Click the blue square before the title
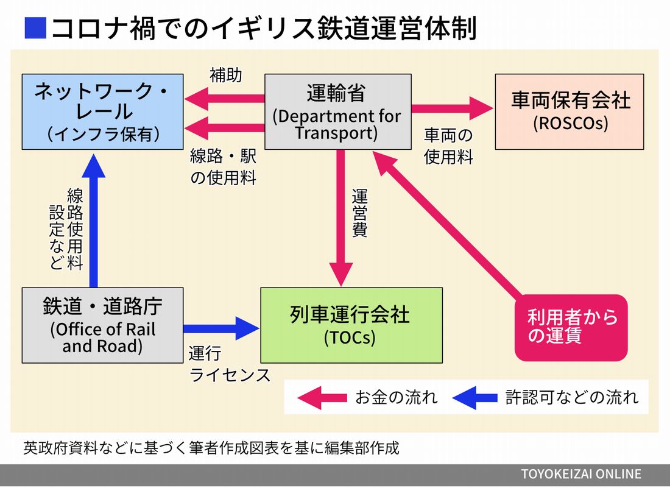point(35,28)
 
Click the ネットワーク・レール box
point(102,111)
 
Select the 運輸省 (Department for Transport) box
point(337,111)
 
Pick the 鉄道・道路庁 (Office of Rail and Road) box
point(102,325)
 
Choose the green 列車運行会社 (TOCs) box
point(351,325)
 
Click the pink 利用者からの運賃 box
point(570,327)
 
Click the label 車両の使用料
point(449,146)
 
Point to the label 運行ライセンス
point(229,364)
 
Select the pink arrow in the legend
point(321,398)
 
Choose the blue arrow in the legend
point(475,398)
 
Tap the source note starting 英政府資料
point(211,448)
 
